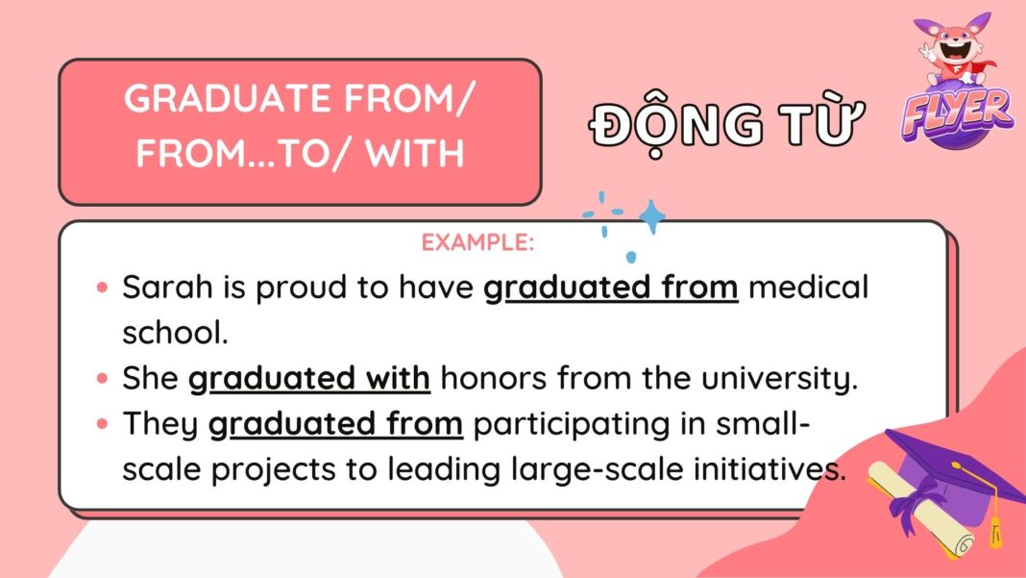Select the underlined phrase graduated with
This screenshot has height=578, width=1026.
308,379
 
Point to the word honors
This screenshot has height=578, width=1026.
492,379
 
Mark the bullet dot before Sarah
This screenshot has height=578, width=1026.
103,289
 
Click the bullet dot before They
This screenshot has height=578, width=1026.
103,424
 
